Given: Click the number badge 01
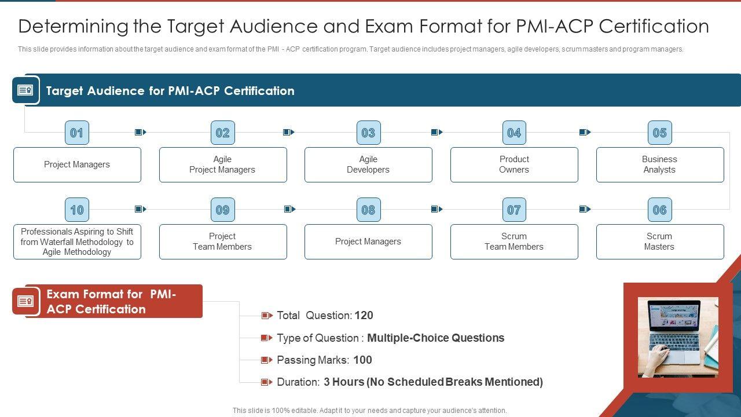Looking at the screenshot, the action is coord(76,133).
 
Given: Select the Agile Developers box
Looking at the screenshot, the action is coord(368,164).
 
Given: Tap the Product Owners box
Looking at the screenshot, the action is coord(514,164).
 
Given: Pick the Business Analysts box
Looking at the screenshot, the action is coord(659,164).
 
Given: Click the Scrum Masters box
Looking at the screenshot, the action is coord(659,242).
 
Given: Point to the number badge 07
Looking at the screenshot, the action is coord(514,210).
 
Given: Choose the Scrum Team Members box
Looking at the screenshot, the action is coord(514,242).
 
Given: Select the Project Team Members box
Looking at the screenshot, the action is coord(222,242).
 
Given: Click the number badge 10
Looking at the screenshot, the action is coord(76,210).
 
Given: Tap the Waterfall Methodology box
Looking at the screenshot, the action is coord(77,242).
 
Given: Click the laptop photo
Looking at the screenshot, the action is coord(678,337).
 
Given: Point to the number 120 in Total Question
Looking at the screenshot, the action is coord(364,316).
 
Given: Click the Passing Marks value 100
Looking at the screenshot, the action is coord(362,360).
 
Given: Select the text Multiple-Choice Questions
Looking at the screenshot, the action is coord(435,338).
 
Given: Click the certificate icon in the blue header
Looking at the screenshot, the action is coord(25,90).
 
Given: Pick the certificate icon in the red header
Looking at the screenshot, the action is coord(25,301).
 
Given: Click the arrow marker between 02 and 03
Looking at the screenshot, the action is coord(288,133).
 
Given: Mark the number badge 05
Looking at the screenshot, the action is coord(659,133).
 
